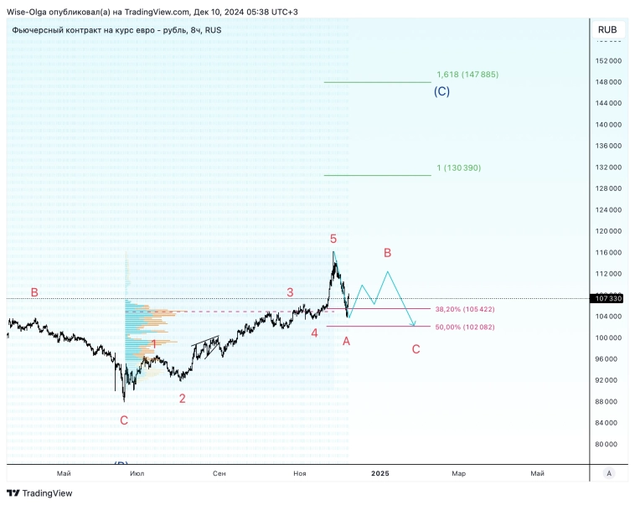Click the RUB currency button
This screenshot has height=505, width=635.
(607, 29)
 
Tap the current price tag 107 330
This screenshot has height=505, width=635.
(608, 298)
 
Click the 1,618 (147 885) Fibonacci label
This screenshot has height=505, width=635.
(467, 75)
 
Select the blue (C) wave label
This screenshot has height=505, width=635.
(441, 91)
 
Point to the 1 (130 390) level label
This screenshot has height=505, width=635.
(459, 167)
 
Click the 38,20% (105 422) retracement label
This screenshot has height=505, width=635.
(465, 309)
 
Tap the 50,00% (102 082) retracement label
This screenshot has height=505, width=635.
(465, 327)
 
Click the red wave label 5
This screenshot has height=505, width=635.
(333, 239)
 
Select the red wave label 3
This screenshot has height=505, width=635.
(290, 292)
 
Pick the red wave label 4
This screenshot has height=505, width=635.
(314, 332)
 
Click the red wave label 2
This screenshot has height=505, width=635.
(182, 398)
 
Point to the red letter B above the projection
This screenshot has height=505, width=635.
(387, 252)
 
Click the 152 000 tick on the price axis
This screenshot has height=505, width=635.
(608, 60)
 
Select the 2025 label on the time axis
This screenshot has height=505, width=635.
(380, 473)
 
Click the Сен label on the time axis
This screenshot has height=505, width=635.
(219, 473)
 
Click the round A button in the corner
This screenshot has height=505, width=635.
(609, 473)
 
